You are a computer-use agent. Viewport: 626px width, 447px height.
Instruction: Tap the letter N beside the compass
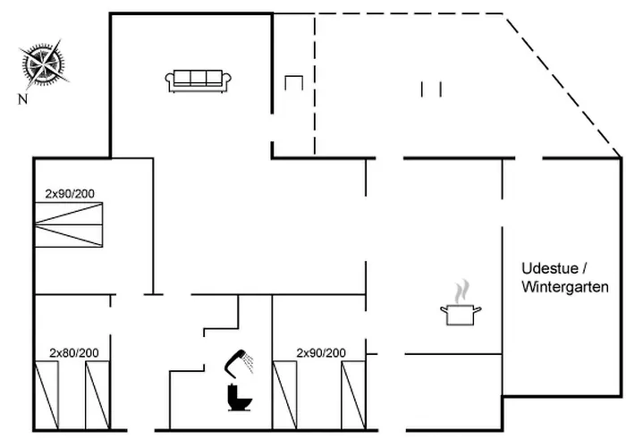coord(21,99)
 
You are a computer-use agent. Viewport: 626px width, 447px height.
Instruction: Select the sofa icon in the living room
coord(199,80)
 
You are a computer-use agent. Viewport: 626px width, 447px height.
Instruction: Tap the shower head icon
coord(238,361)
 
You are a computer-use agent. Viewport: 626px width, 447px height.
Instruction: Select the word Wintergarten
coord(564,287)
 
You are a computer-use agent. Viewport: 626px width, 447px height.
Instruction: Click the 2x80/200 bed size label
coord(74,352)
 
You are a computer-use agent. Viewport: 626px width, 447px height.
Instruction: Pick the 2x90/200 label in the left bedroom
coord(72,192)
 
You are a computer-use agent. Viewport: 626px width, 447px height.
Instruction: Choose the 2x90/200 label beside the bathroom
coord(321,352)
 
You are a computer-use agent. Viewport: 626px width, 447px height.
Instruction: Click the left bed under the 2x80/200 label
coord(47,394)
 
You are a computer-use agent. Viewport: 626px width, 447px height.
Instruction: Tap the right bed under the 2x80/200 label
coord(97,394)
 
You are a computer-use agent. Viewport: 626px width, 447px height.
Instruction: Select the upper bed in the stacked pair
coord(69,213)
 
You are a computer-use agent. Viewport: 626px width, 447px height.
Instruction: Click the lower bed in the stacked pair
coord(69,235)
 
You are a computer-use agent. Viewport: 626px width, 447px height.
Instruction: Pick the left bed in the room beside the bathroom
coord(284,394)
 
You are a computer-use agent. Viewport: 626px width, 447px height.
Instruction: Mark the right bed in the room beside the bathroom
coord(353,394)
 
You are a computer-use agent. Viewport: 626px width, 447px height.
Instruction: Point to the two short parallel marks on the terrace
coord(431,89)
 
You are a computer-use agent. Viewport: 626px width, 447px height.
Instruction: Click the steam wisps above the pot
coord(461,291)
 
